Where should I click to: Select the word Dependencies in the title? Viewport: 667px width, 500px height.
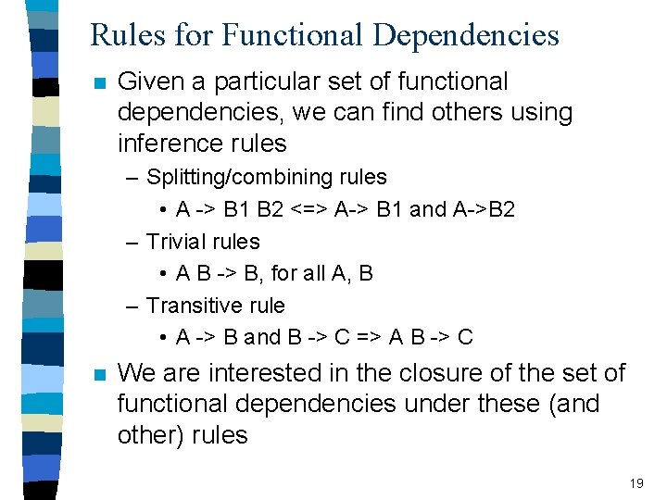[x=466, y=35]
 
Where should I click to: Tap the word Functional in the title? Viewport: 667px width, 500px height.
[x=294, y=35]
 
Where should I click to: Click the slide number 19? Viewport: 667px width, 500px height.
[x=636, y=483]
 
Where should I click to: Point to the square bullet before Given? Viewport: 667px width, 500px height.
[x=100, y=82]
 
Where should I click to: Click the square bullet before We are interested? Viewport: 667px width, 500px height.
[x=100, y=374]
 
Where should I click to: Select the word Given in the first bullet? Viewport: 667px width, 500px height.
[x=151, y=81]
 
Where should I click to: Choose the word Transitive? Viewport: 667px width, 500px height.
[x=194, y=305]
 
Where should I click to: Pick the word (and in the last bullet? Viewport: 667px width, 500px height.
[x=574, y=404]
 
